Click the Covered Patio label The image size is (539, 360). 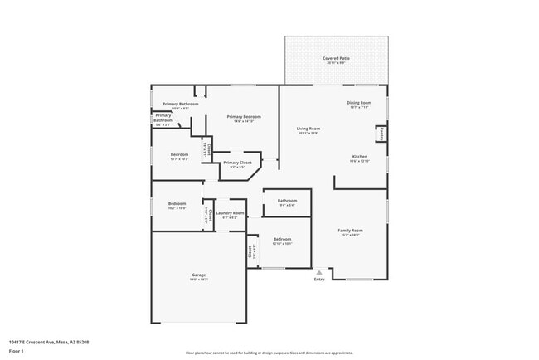pyautogui.click(x=336, y=59)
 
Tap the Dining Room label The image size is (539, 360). pyautogui.click(x=359, y=103)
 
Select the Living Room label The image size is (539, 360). pyautogui.click(x=308, y=129)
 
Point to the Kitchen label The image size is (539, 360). pyautogui.click(x=359, y=157)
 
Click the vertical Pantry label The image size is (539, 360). pyautogui.click(x=381, y=133)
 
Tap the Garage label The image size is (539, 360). pyautogui.click(x=199, y=275)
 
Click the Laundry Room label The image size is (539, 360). pyautogui.click(x=230, y=213)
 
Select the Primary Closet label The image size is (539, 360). pyautogui.click(x=236, y=163)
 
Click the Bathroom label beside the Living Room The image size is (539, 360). pyautogui.click(x=287, y=200)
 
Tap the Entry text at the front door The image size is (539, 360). pyautogui.click(x=319, y=279)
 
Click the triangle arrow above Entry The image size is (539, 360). pyautogui.click(x=319, y=270)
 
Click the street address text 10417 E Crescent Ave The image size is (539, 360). pyautogui.click(x=49, y=342)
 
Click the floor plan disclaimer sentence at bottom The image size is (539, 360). pyautogui.click(x=269, y=353)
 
